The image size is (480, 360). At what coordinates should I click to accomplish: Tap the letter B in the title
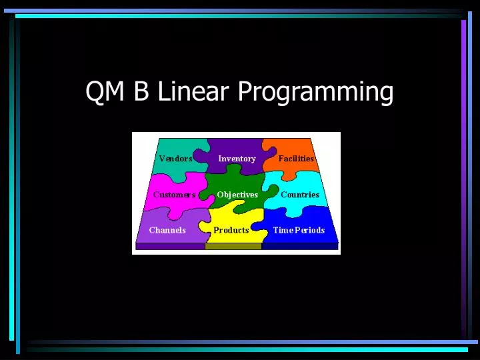[x=141, y=91]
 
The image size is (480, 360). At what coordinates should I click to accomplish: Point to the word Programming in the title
[x=315, y=93]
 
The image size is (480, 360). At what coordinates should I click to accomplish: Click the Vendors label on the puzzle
[x=175, y=159]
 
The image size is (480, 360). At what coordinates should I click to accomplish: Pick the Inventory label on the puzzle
[x=237, y=159]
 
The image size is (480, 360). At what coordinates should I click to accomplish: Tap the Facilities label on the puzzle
[x=296, y=159]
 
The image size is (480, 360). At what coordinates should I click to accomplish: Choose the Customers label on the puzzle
[x=175, y=195]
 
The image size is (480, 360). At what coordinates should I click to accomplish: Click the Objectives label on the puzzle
[x=237, y=195]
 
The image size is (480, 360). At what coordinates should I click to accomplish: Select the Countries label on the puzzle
[x=300, y=195]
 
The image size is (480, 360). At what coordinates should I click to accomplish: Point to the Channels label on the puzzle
[x=167, y=230]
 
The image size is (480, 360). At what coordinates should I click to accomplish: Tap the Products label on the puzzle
[x=231, y=230]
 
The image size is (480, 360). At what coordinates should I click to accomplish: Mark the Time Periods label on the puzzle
[x=299, y=230]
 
